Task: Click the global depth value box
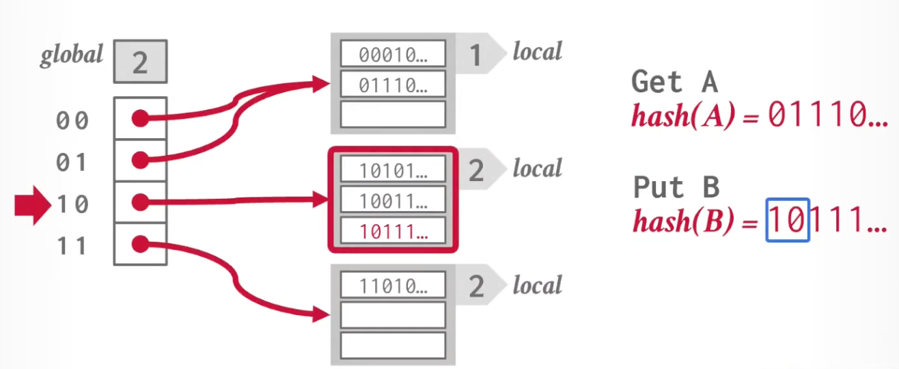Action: (x=140, y=62)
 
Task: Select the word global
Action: (x=72, y=55)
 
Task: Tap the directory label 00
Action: (x=72, y=121)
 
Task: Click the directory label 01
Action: (x=72, y=163)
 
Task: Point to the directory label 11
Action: (x=72, y=245)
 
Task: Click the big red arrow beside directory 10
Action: (x=32, y=203)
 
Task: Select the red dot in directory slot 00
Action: (x=140, y=119)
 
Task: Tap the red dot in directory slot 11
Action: (x=140, y=243)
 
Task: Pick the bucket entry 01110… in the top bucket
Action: (x=393, y=85)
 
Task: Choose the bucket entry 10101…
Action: (x=393, y=171)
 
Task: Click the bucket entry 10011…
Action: (x=393, y=202)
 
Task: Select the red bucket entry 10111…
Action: (x=393, y=232)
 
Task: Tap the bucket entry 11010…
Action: (x=393, y=287)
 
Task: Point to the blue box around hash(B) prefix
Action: (x=788, y=220)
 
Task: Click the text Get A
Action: (x=674, y=82)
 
